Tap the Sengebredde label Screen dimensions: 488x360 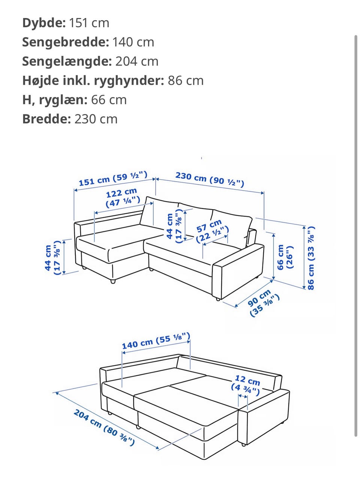(65, 42)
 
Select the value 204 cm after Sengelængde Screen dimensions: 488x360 (136, 61)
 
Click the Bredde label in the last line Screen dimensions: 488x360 (46, 119)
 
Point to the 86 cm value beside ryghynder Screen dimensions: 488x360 (185, 80)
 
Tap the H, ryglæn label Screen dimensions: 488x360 (55, 100)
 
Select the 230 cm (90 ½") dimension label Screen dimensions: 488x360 (210, 179)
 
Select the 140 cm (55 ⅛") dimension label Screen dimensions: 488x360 (156, 340)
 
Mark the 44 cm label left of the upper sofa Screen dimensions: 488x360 (52, 258)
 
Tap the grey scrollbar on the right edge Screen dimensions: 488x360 (355, 236)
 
